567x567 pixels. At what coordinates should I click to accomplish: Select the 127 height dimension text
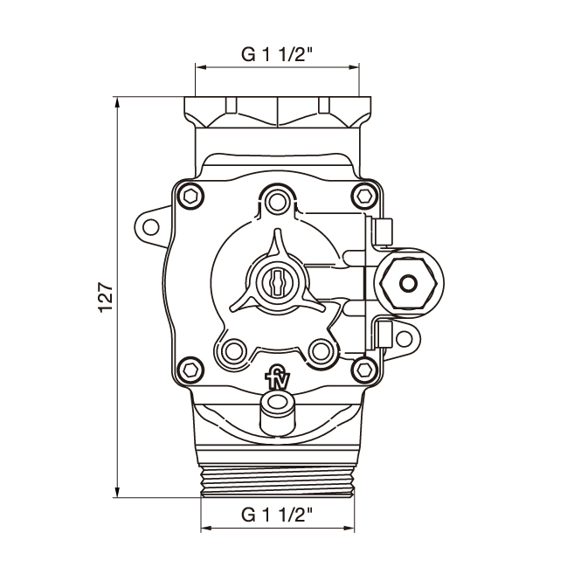pyautogui.click(x=106, y=298)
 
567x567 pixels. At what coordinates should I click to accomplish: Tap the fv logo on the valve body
pyautogui.click(x=277, y=378)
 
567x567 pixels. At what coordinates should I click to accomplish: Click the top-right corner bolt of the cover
pyautogui.click(x=364, y=196)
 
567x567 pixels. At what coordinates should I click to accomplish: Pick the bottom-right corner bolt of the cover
pyautogui.click(x=364, y=369)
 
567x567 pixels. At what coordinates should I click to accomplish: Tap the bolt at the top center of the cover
pyautogui.click(x=278, y=200)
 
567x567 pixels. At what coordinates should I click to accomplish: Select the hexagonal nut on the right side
pyautogui.click(x=407, y=283)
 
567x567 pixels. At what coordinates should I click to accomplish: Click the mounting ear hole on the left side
pyautogui.click(x=151, y=227)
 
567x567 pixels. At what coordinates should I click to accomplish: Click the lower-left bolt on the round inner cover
pyautogui.click(x=232, y=352)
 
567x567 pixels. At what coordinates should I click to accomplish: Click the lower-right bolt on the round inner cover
pyautogui.click(x=322, y=352)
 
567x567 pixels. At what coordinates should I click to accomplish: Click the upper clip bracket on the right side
pyautogui.click(x=382, y=231)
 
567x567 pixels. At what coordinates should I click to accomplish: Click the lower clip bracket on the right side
pyautogui.click(x=382, y=333)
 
